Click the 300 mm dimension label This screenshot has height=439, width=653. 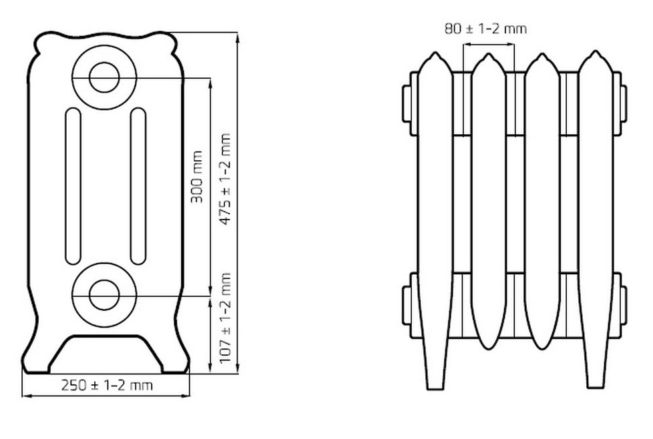197,177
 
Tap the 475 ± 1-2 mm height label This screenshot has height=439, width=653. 224,179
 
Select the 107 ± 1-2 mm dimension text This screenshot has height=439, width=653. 224,318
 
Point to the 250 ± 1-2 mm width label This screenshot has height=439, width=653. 107,386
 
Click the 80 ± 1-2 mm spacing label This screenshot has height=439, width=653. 485,29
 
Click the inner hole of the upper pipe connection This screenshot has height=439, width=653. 105,78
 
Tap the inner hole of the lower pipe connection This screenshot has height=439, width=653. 104,295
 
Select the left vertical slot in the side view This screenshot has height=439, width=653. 73,186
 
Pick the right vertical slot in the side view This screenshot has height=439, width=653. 138,186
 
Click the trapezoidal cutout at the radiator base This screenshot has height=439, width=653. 105,354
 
